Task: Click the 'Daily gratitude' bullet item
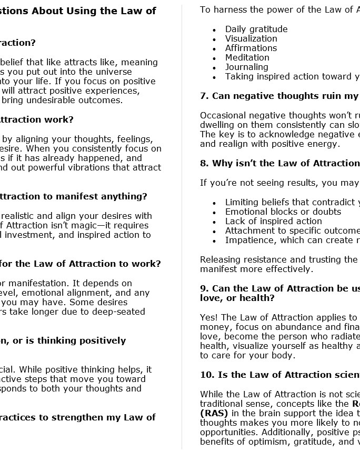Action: click(x=256, y=29)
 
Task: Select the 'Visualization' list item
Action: click(x=251, y=38)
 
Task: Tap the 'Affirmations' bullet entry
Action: click(x=251, y=48)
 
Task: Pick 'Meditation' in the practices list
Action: click(x=247, y=57)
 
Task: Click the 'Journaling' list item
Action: click(x=246, y=67)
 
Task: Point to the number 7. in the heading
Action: click(x=204, y=96)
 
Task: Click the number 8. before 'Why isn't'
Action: click(x=204, y=163)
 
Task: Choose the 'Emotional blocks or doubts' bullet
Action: click(x=283, y=212)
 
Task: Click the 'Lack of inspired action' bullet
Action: click(x=274, y=221)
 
